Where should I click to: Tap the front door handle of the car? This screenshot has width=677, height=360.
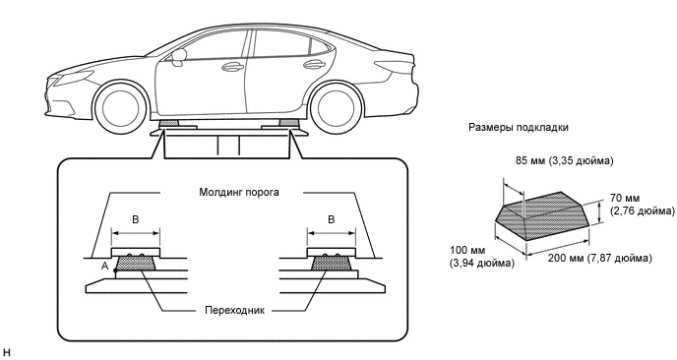pyautogui.click(x=232, y=67)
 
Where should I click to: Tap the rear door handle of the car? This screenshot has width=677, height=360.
pyautogui.click(x=314, y=64)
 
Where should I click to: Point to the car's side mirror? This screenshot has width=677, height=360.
pyautogui.click(x=178, y=57)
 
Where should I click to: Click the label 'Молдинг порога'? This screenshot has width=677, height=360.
pyautogui.click(x=239, y=192)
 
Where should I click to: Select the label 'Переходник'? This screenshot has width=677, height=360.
pyautogui.click(x=234, y=311)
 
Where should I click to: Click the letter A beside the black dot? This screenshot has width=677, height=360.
pyautogui.click(x=104, y=267)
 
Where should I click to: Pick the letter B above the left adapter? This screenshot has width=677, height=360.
pyautogui.click(x=135, y=219)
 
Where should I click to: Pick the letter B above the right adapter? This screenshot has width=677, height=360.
pyautogui.click(x=332, y=219)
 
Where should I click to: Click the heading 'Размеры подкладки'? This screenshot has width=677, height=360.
pyautogui.click(x=519, y=128)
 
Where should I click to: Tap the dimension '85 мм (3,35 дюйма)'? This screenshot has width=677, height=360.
pyautogui.click(x=564, y=161)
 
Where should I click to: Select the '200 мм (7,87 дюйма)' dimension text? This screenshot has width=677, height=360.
pyautogui.click(x=599, y=258)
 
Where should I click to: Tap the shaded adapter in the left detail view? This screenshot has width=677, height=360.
pyautogui.click(x=136, y=263)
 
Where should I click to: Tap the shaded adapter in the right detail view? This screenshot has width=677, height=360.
pyautogui.click(x=332, y=263)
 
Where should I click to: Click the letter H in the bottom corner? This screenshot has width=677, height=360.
pyautogui.click(x=6, y=353)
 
